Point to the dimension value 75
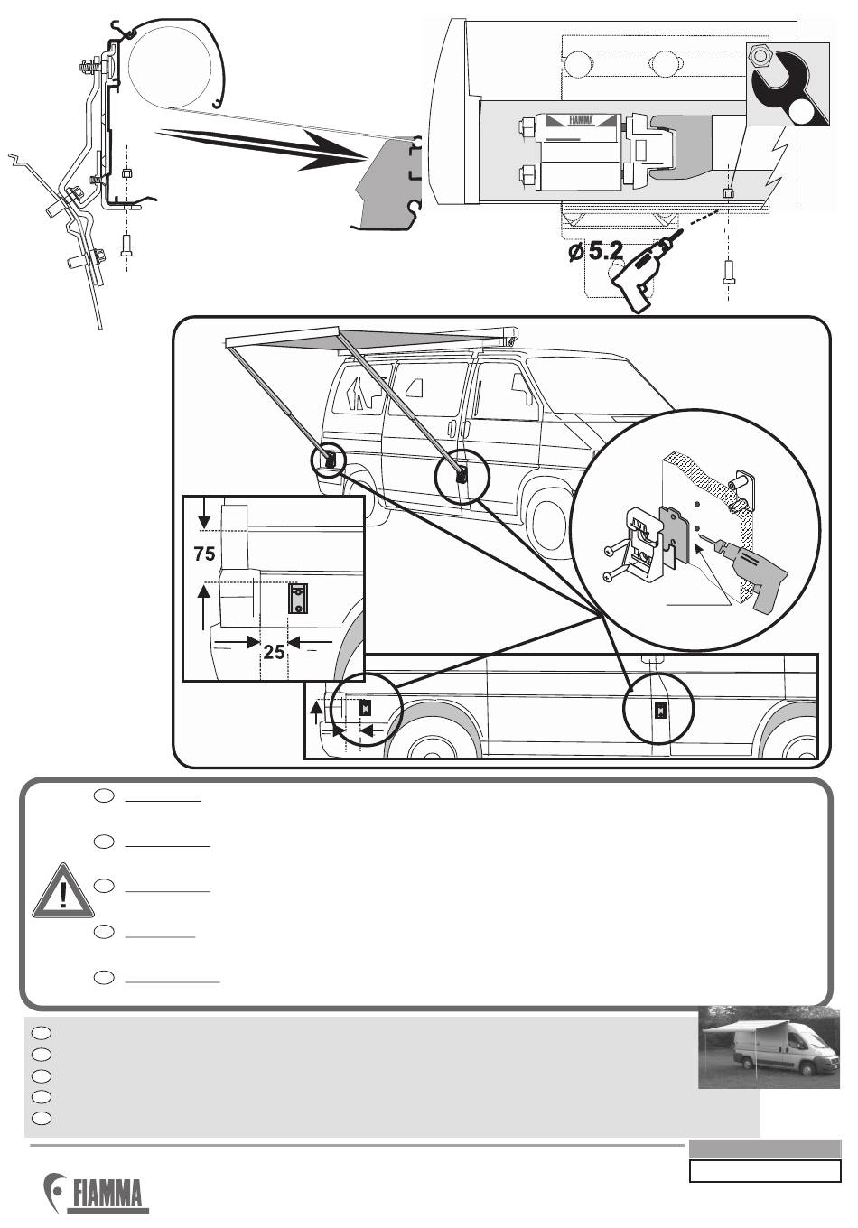(x=204, y=554)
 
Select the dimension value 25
(x=274, y=650)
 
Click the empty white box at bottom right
(x=765, y=1171)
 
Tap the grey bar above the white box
(x=765, y=1149)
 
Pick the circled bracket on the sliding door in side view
(x=659, y=710)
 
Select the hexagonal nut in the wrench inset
(x=760, y=58)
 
